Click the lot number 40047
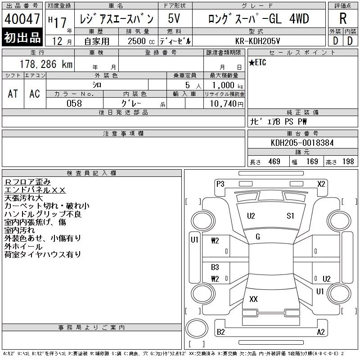[22, 19]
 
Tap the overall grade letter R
[343, 18]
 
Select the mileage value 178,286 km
[46, 64]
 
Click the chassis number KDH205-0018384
[302, 143]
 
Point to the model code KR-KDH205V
[257, 41]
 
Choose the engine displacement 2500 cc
[141, 41]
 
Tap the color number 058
[74, 103]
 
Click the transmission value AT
[13, 94]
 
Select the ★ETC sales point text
[257, 62]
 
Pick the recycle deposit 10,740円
[226, 104]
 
